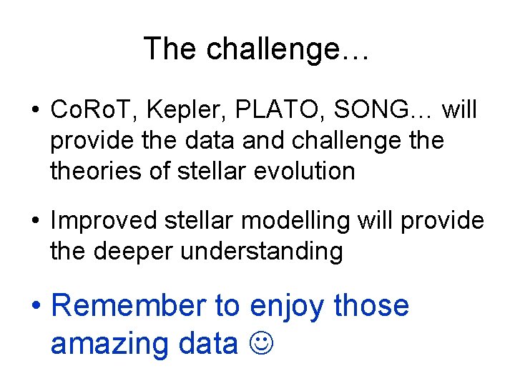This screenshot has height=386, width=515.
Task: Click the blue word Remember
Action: [128, 305]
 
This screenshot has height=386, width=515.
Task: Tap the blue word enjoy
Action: [288, 307]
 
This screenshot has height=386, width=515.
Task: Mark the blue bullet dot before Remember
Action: [36, 307]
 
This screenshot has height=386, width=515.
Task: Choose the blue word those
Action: [371, 305]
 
